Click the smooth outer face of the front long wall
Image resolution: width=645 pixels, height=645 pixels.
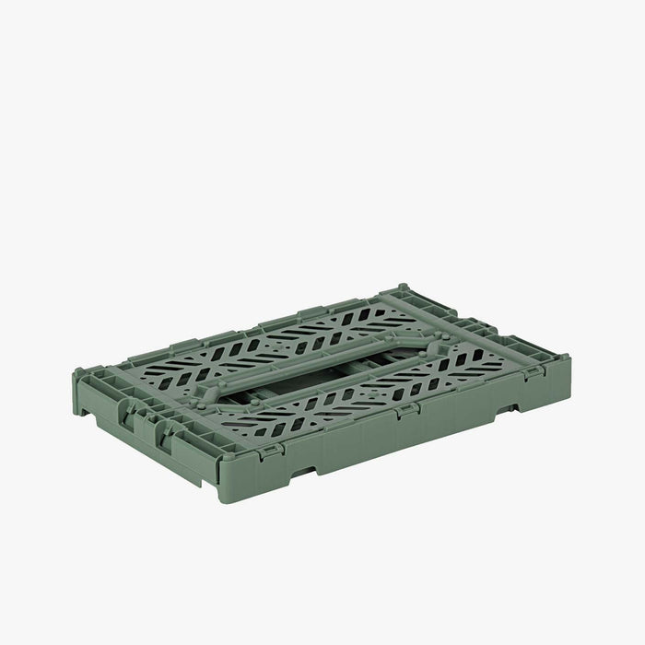click(387, 442)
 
